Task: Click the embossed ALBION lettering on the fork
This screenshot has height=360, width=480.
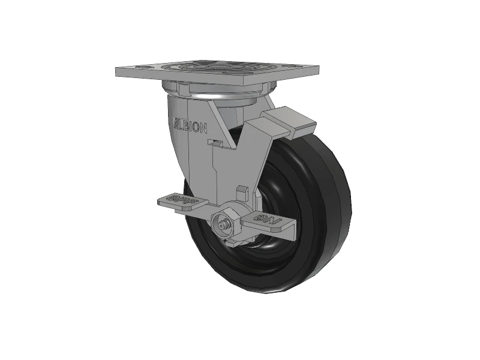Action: pyautogui.click(x=191, y=127)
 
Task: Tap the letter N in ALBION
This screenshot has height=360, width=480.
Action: pyautogui.click(x=205, y=128)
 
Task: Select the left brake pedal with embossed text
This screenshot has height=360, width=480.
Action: pyautogui.click(x=183, y=203)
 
